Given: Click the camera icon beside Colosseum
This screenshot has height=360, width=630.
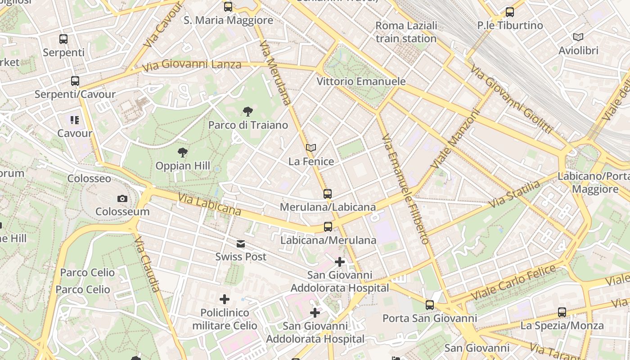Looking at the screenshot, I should coord(122,198).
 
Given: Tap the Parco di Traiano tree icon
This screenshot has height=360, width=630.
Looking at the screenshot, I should coord(247,112).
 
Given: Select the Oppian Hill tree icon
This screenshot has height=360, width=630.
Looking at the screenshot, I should coord(182,153).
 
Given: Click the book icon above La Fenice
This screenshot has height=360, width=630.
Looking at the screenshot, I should coord(311,148).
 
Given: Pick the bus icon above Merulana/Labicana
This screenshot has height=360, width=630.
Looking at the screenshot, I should coord(328,194).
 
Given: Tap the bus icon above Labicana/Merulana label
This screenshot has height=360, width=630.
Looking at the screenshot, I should coord(328,227).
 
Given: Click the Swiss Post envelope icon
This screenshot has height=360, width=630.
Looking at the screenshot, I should coord(241,244).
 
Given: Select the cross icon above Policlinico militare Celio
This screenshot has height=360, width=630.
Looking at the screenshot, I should coord(225,299).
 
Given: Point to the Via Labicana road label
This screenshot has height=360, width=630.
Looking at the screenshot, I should coord(209,204).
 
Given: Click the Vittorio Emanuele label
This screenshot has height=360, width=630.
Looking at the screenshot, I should coord(361,81).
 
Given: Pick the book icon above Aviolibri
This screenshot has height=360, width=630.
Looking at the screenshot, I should coord(578,37).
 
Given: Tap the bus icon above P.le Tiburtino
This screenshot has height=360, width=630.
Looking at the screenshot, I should coord(510,12).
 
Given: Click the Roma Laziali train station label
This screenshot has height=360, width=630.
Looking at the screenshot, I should coord(406,32).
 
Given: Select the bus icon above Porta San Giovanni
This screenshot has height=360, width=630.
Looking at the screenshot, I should coord(430,305).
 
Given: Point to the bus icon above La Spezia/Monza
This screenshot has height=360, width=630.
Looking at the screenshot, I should coord(562,312).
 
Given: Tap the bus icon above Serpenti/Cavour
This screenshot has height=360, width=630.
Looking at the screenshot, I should coord(75,81).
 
